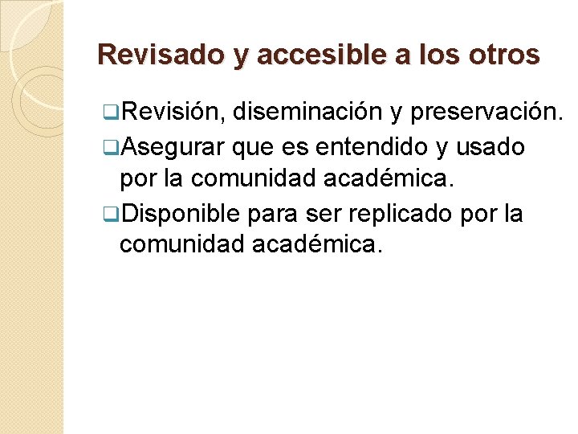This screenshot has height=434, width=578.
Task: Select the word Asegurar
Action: point(170,147)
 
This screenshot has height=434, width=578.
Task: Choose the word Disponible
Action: point(181,215)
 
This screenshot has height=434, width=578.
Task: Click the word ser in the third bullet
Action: point(326,215)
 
